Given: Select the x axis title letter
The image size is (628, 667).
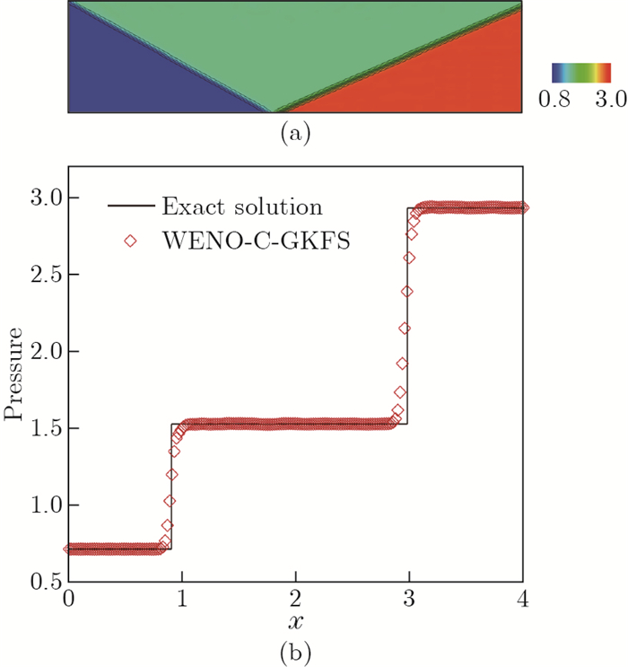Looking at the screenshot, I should [295, 621].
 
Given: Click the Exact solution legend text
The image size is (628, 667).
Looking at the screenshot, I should [241, 207].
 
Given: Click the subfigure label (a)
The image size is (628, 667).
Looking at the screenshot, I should [295, 133].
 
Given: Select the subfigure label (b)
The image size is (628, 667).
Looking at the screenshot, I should [295, 650].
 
